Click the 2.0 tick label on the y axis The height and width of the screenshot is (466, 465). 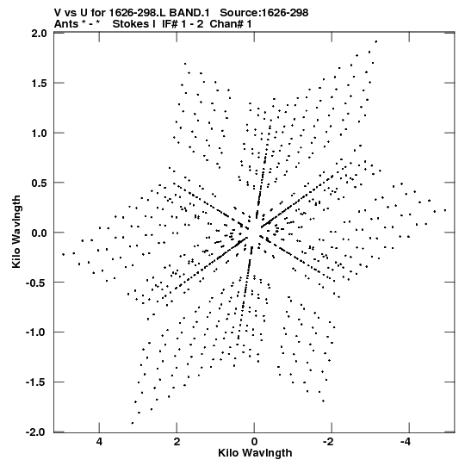[x=40, y=34]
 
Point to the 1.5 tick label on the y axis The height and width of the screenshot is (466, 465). [x=40, y=84]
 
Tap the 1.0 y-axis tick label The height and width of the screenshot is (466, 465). [x=40, y=134]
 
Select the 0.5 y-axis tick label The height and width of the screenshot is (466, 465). [x=40, y=183]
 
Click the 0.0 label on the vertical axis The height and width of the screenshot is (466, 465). [x=40, y=233]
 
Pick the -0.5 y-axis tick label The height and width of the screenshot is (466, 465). [x=36, y=283]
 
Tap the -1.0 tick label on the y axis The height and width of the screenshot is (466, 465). [x=36, y=332]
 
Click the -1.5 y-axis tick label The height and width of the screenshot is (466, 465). [x=36, y=382]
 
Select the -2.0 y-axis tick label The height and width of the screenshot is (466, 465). [x=36, y=432]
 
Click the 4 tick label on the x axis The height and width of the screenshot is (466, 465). [x=99, y=442]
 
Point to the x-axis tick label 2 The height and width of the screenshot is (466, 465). [x=177, y=442]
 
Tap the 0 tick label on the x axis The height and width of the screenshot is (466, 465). [x=254, y=442]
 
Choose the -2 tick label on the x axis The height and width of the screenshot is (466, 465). [x=328, y=442]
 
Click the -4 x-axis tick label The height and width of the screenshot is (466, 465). [x=406, y=442]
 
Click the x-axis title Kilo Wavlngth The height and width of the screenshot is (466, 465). [x=255, y=453]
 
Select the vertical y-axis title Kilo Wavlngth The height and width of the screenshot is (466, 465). [x=16, y=232]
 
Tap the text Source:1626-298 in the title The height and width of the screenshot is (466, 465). [x=264, y=13]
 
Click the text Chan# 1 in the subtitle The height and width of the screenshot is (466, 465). [x=231, y=24]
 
